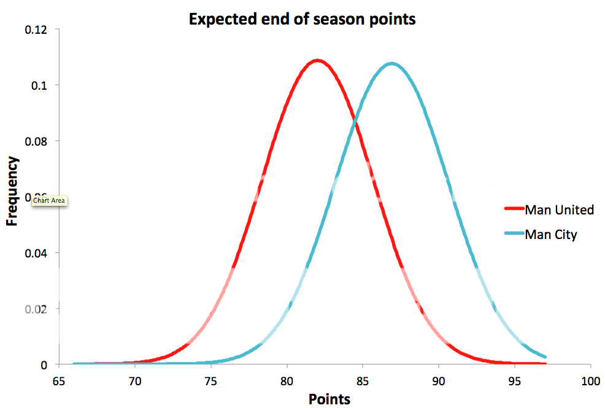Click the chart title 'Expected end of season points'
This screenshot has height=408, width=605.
pyautogui.click(x=302, y=19)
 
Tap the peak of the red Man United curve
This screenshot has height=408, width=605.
pyautogui.click(x=317, y=60)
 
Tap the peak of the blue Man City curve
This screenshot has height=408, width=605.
pyautogui.click(x=392, y=63)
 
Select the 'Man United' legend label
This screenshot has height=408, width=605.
pyautogui.click(x=559, y=210)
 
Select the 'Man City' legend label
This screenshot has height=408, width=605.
pyautogui.click(x=551, y=234)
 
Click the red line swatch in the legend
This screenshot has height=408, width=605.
pyautogui.click(x=514, y=210)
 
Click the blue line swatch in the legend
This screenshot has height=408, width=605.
pyautogui.click(x=514, y=234)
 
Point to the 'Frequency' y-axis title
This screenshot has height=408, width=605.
pyautogui.click(x=13, y=191)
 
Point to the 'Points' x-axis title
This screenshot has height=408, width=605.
pyautogui.click(x=329, y=399)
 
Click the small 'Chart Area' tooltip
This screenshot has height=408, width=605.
pyautogui.click(x=49, y=200)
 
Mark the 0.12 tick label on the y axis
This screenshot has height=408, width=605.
pyautogui.click(x=38, y=29)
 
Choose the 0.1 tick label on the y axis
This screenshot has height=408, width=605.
pyautogui.click(x=41, y=85)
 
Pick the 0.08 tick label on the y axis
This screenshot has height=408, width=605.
pyautogui.click(x=38, y=141)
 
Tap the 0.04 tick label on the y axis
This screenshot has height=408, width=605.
pyautogui.click(x=38, y=253)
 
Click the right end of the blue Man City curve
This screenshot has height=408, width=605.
pyautogui.click(x=545, y=357)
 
